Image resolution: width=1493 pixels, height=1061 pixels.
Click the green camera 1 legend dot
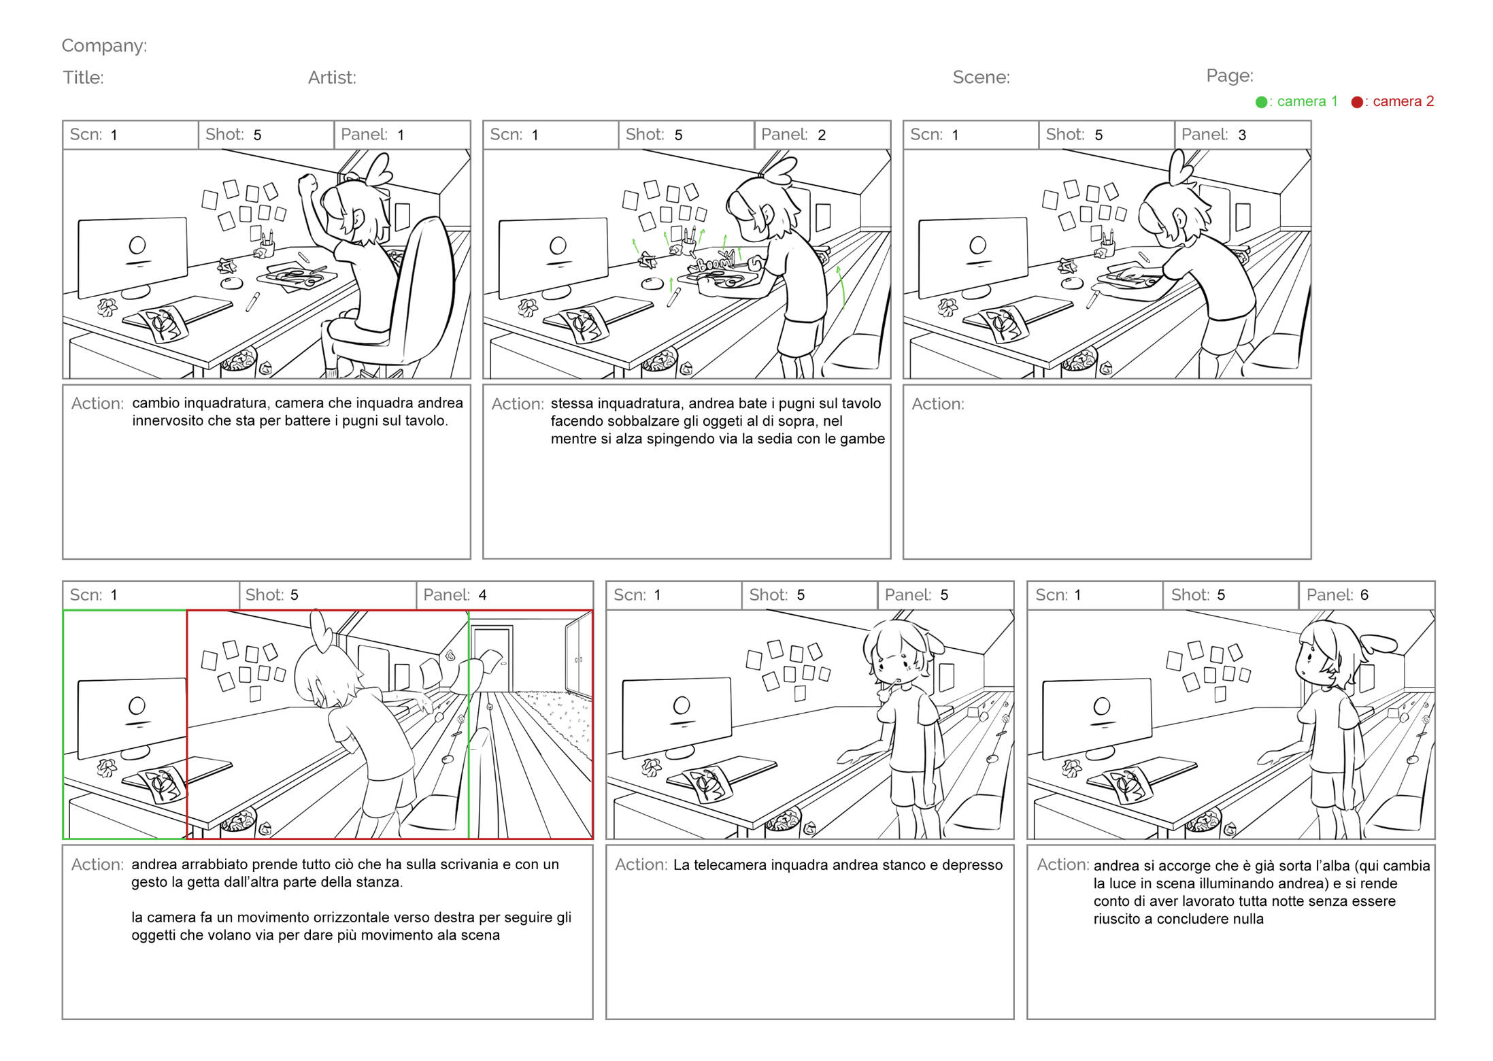(1261, 102)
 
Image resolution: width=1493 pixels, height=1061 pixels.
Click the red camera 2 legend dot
(1357, 102)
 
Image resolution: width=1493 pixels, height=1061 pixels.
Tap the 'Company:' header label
(104, 46)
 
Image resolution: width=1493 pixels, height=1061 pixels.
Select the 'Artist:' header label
(332, 77)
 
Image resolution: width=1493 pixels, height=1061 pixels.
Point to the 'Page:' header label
(1230, 75)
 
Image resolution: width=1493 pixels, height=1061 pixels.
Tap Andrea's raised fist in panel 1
(307, 183)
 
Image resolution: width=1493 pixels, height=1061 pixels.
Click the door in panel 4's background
(492, 656)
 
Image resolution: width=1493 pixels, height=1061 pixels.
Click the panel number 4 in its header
(482, 595)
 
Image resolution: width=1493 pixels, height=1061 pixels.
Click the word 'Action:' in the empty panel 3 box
(938, 404)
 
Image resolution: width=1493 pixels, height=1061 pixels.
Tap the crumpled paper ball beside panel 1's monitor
(107, 307)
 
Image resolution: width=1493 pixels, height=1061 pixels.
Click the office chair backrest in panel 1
(422, 286)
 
